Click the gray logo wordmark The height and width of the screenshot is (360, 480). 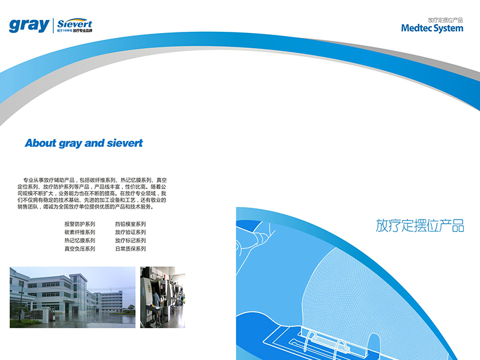click(29, 25)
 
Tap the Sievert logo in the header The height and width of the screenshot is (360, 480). click(74, 25)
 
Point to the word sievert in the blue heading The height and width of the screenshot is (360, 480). click(125, 143)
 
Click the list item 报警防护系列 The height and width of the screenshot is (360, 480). click(80, 224)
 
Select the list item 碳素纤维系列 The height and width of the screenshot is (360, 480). click(80, 232)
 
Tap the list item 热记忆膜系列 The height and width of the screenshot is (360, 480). click(80, 241)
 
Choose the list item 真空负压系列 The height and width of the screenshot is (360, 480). click(80, 249)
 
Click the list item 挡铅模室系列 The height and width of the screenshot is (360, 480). click(130, 224)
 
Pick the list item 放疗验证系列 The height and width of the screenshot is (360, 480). click(130, 232)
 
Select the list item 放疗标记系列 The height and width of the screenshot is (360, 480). click(130, 241)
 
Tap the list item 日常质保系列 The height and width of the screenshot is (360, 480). click(130, 249)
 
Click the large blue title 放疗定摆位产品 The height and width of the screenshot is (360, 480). click(419, 226)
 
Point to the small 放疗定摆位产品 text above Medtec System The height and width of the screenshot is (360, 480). click(445, 20)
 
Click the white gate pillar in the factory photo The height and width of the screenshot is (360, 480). click(46, 316)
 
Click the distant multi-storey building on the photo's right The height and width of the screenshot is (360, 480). click(112, 301)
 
